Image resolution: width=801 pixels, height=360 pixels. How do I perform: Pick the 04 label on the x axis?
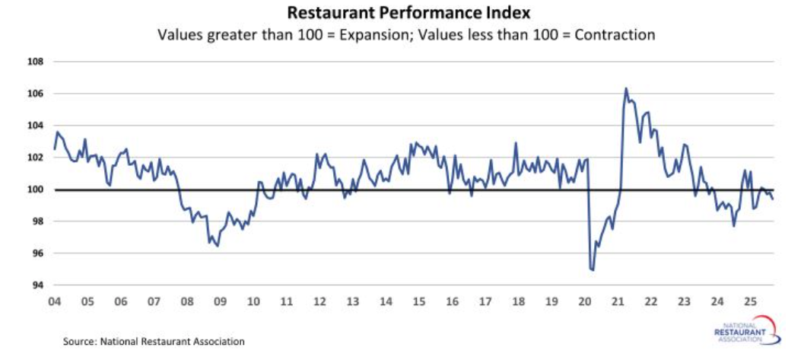point(54,301)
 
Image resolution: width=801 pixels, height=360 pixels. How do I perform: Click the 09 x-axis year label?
point(220,301)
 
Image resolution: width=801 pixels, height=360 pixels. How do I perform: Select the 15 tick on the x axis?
point(418,301)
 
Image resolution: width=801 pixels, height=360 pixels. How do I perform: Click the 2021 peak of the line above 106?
point(626,88)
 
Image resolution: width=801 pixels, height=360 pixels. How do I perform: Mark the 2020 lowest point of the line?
point(592,269)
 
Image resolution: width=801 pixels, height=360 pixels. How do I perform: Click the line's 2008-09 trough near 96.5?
point(218,246)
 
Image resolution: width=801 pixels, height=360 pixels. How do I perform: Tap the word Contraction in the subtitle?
point(613,35)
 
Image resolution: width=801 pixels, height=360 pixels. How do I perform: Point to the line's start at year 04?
point(55,148)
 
